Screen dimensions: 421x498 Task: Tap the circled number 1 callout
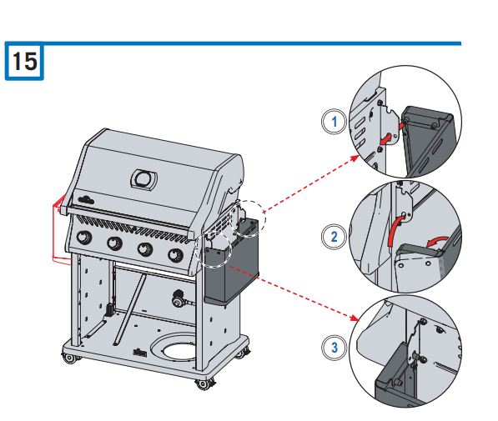tap(335, 121)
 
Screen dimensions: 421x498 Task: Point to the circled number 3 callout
tap(335, 348)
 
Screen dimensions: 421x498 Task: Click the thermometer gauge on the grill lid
tap(144, 178)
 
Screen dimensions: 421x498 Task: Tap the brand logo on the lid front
tap(88, 198)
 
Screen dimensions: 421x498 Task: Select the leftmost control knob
tap(84, 238)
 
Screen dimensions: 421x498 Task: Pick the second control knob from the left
tap(115, 244)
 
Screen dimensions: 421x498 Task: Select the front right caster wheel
tap(201, 384)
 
